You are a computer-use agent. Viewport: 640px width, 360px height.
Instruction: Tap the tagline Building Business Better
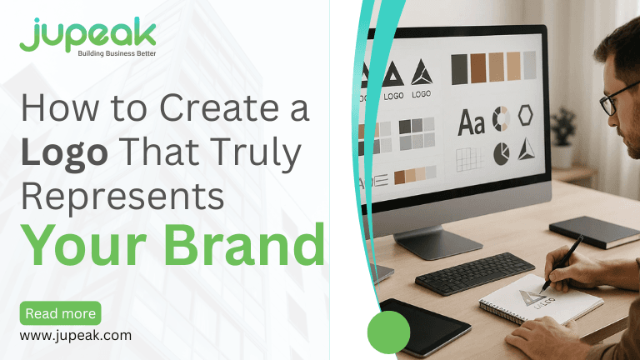pyautogui.click(x=116, y=54)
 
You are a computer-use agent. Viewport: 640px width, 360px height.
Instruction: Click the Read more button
pyautogui.click(x=60, y=313)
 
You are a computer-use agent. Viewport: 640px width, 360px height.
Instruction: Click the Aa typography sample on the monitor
pyautogui.click(x=471, y=124)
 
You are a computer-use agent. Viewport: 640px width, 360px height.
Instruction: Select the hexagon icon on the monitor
pyautogui.click(x=526, y=116)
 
